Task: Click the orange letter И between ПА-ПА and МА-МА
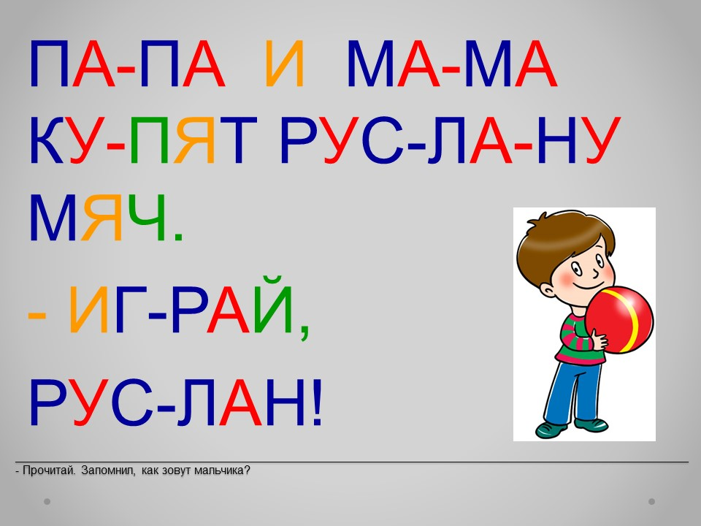click(x=285, y=64)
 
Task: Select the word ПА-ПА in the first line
click(x=127, y=64)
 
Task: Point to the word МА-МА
click(x=452, y=64)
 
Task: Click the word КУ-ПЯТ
click(x=143, y=140)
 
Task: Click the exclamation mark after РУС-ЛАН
click(x=317, y=402)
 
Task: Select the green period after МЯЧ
click(x=178, y=237)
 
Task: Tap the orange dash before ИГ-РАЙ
click(x=37, y=315)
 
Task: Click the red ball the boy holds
click(x=619, y=320)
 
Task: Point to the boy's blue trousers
click(x=575, y=392)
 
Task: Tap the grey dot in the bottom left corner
click(x=47, y=501)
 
